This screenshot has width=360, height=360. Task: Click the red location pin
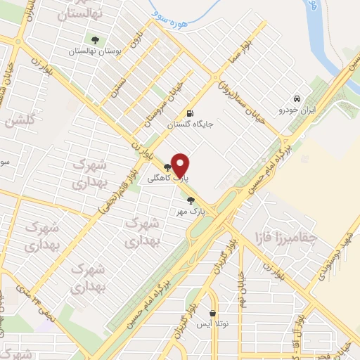click(181, 165)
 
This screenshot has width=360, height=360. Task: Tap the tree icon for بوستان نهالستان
click(96, 40)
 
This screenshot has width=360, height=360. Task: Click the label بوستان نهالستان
click(96, 51)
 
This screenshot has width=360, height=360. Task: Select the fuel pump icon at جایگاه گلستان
click(189, 114)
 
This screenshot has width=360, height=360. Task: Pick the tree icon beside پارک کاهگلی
click(167, 167)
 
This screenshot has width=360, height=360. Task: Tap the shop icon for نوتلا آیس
click(213, 313)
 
